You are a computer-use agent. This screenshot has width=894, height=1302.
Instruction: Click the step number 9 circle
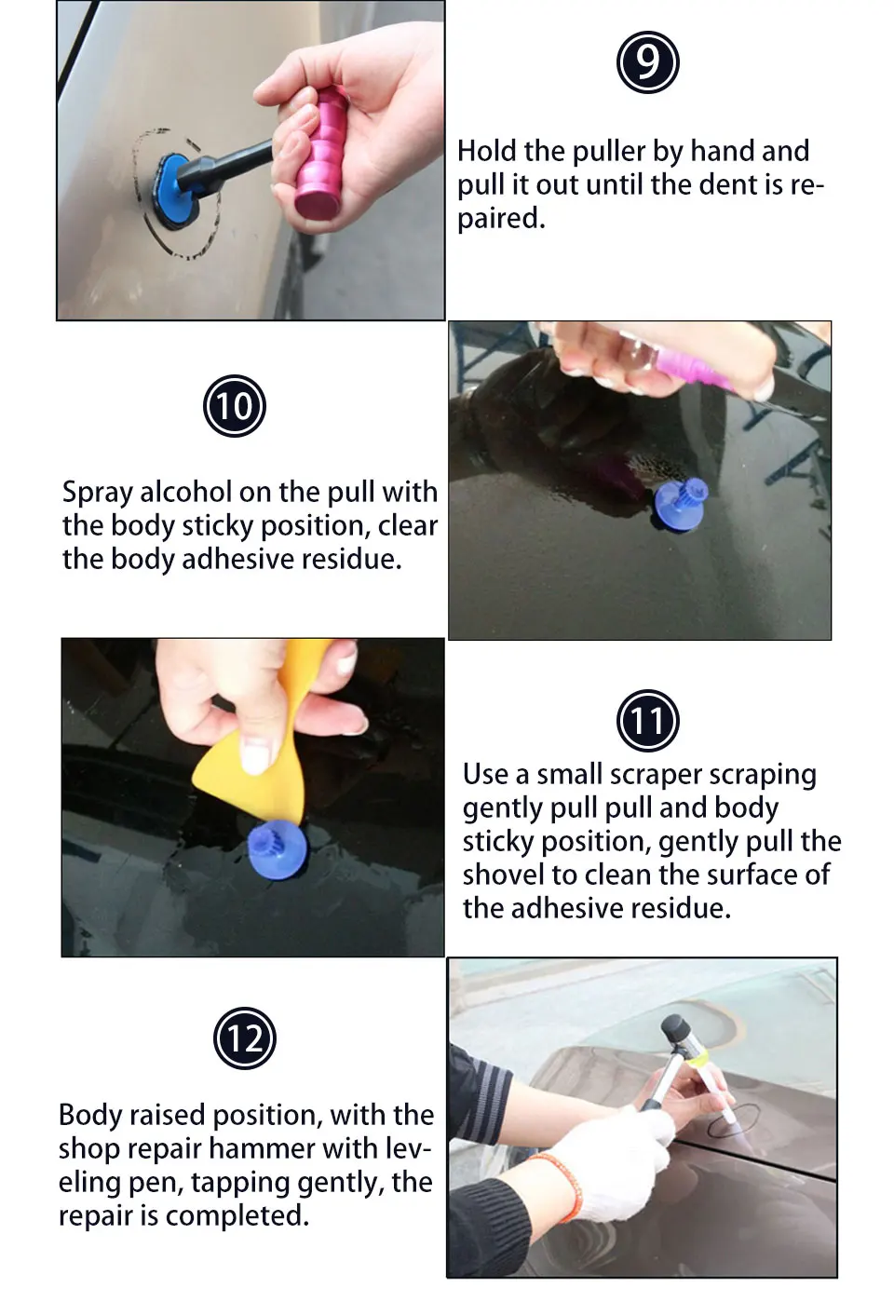pyautogui.click(x=647, y=62)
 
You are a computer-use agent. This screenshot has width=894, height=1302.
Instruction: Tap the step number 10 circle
pyautogui.click(x=235, y=406)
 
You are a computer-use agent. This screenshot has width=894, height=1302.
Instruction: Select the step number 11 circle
pyautogui.click(x=647, y=721)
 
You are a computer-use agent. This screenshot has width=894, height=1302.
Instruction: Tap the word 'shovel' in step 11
pyautogui.click(x=503, y=875)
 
